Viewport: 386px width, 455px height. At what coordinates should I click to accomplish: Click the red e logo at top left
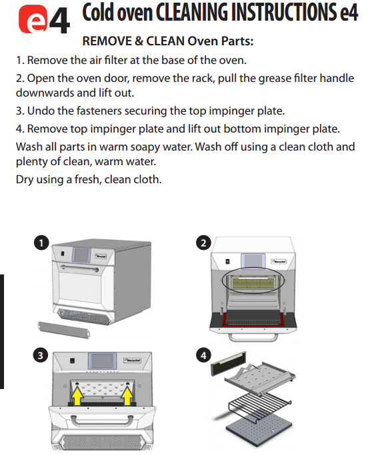pos(33,19)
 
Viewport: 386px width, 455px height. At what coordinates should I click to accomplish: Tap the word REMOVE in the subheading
pos(107,41)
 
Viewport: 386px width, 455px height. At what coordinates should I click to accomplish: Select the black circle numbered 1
pos(41,243)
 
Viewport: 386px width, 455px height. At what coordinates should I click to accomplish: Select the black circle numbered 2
pos(203,243)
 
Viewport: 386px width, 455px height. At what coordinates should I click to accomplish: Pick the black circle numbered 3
pos(41,356)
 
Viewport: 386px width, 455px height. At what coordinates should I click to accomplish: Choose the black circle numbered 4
pos(203,356)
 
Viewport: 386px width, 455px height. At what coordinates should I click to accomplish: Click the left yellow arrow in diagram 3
pos(77,396)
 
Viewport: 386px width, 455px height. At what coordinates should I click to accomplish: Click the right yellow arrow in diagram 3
pos(127,396)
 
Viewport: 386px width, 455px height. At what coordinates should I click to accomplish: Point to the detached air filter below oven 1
pos(63,330)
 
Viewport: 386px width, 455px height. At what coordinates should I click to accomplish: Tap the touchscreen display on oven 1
pos(81,254)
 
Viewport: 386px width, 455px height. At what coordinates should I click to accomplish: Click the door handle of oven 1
pos(79,268)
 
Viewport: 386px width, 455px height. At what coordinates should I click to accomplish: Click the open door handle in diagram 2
pos(253,338)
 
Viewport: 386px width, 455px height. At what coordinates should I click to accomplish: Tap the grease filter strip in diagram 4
pos(228,363)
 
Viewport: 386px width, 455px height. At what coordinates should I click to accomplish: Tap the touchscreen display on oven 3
pos(102,361)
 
